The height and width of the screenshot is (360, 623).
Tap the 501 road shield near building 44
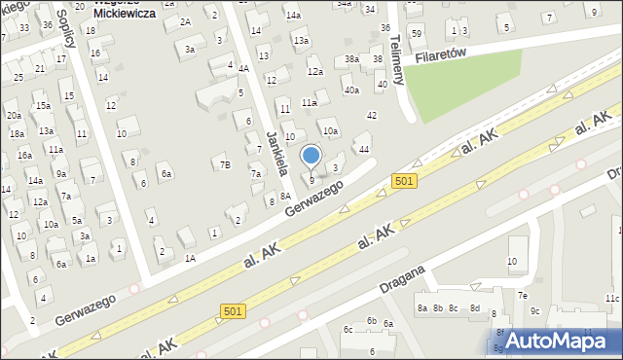406,180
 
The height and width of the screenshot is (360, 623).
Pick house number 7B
225,164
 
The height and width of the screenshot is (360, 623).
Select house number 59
417,33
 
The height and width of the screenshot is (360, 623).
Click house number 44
363,149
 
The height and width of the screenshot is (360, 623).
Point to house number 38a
351,59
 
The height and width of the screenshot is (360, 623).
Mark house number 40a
351,90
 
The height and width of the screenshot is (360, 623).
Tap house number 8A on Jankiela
285,196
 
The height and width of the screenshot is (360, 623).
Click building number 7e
522,295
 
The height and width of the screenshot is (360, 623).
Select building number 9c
534,310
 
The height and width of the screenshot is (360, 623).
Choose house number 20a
14,115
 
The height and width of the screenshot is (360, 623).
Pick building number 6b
371,320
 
